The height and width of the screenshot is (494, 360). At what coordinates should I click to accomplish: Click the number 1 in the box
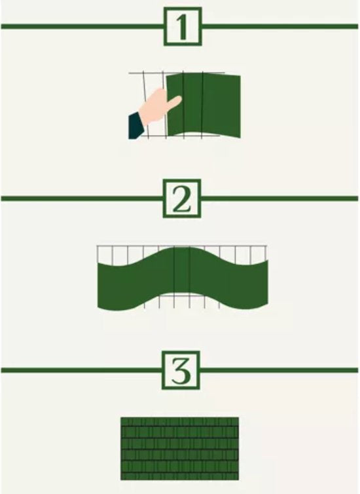click(x=181, y=27)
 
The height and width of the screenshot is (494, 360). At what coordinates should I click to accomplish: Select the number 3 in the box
click(x=181, y=370)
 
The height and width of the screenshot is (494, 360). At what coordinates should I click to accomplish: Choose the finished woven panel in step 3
click(x=179, y=447)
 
